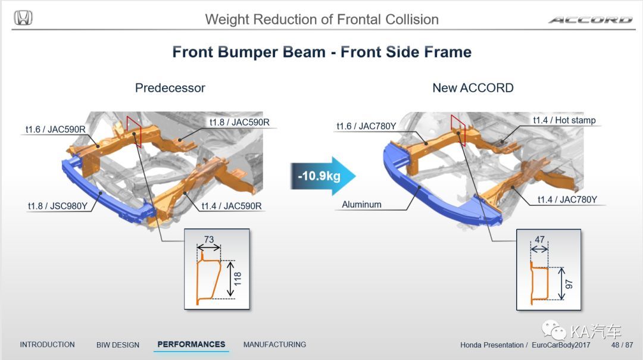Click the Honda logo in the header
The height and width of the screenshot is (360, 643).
(x=23, y=18)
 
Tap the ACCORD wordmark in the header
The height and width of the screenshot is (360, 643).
(x=591, y=20)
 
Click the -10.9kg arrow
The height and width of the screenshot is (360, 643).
(x=323, y=176)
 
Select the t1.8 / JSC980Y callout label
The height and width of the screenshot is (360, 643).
(x=57, y=206)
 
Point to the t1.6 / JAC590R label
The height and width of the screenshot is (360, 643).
(x=55, y=129)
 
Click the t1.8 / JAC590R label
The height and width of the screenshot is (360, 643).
(x=239, y=122)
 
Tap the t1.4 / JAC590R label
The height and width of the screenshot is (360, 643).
(x=231, y=206)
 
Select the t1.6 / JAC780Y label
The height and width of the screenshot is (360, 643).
(x=366, y=126)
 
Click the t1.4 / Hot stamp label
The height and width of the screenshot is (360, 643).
(x=564, y=120)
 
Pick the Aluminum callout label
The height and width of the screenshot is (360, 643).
(x=362, y=204)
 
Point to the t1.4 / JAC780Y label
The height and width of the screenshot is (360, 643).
(x=567, y=199)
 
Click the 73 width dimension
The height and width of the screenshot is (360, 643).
(x=209, y=239)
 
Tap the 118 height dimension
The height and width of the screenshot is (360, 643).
(x=238, y=279)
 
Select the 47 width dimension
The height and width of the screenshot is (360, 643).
(x=539, y=239)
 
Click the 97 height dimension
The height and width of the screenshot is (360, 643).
(x=569, y=284)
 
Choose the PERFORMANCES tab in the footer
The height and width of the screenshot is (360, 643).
(x=192, y=345)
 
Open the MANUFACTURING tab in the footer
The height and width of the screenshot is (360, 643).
(x=274, y=345)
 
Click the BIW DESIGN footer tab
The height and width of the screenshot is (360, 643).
(x=118, y=345)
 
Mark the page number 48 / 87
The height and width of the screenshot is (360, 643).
(x=622, y=345)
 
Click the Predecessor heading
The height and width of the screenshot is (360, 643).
(x=170, y=87)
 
